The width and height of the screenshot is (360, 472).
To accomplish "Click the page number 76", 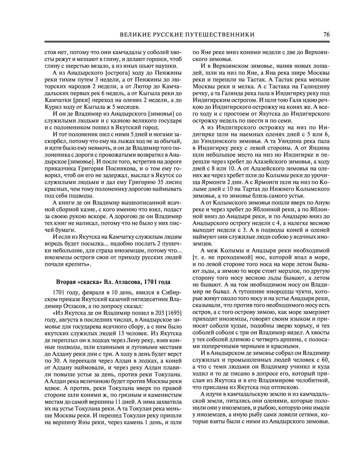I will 327,35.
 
